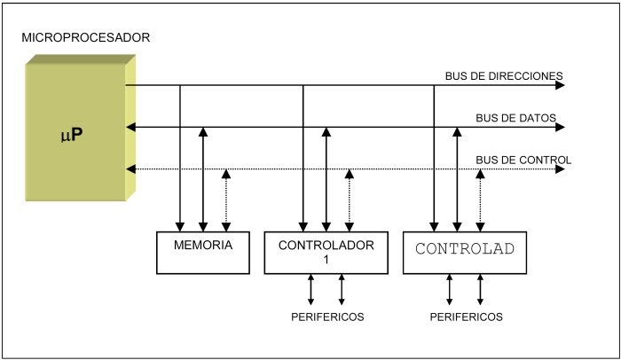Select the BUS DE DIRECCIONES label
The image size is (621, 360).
point(504,76)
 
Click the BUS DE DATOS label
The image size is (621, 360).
point(515,118)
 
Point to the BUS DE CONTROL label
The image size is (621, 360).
point(523,160)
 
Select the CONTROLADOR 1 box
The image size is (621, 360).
point(326,253)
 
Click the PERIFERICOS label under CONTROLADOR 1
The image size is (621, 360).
point(326,317)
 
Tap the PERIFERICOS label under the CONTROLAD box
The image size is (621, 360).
point(466,317)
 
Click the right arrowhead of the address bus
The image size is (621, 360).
point(558,86)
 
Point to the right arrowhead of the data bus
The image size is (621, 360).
point(558,128)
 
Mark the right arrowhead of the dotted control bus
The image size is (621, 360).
point(558,168)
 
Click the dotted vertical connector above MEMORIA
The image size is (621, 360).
point(227,200)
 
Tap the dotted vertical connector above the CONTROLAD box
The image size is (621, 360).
point(481,200)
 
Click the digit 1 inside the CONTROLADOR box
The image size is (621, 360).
point(326,260)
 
